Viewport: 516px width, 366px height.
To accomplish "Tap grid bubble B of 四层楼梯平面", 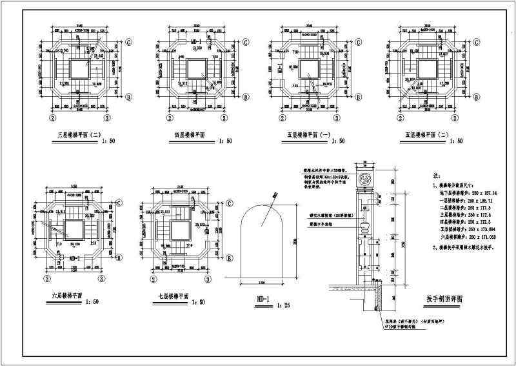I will click(244, 98).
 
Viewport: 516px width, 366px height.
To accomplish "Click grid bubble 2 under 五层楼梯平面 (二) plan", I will click(401, 119).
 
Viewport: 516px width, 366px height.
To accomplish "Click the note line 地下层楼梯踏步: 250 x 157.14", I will click(463, 192).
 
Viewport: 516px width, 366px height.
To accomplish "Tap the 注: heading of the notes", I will click(440, 175).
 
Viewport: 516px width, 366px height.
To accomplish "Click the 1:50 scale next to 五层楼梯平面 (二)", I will click(455, 141).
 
